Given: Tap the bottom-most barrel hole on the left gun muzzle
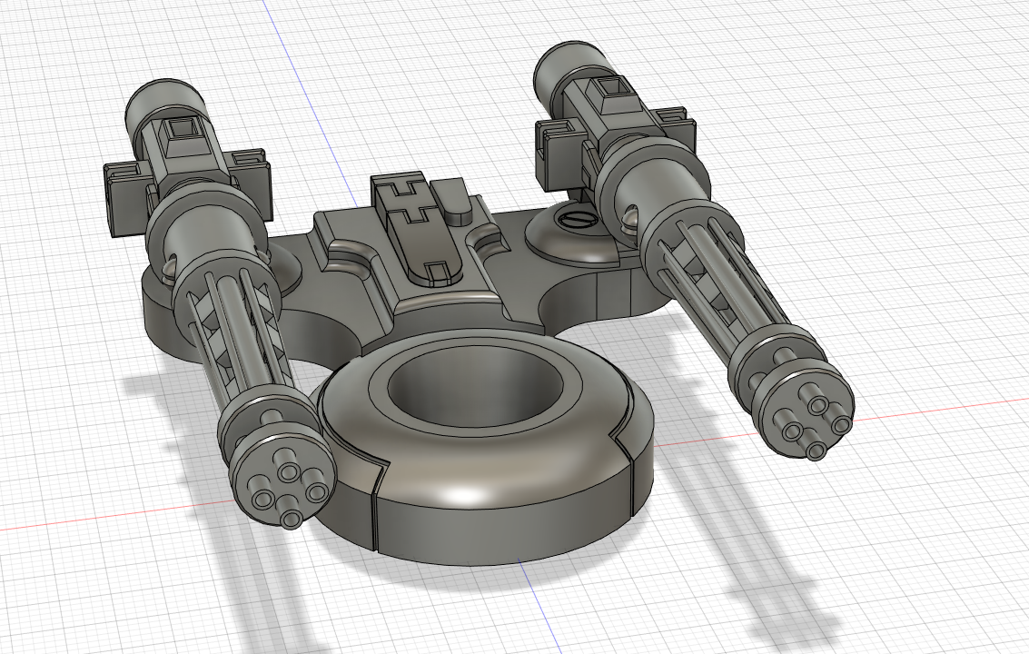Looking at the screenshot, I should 291,519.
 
